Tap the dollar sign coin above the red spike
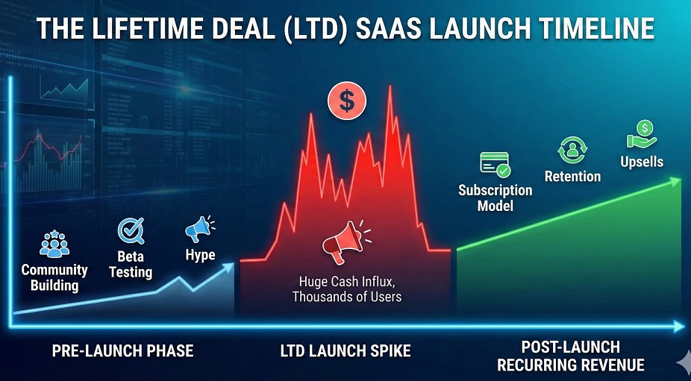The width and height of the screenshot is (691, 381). point(347,101)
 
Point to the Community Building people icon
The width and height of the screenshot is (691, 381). point(54,244)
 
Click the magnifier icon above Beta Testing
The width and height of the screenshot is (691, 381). point(131,230)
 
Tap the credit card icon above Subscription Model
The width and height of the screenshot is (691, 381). point(495,163)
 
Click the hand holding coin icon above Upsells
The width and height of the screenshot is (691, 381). point(641,135)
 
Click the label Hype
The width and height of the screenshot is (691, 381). point(200,255)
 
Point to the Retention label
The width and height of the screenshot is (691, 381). point(572,177)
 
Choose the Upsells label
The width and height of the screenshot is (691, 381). point(642,162)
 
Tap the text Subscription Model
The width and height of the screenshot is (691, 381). point(495,198)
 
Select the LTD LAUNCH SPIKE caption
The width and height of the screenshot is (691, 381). point(345,350)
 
